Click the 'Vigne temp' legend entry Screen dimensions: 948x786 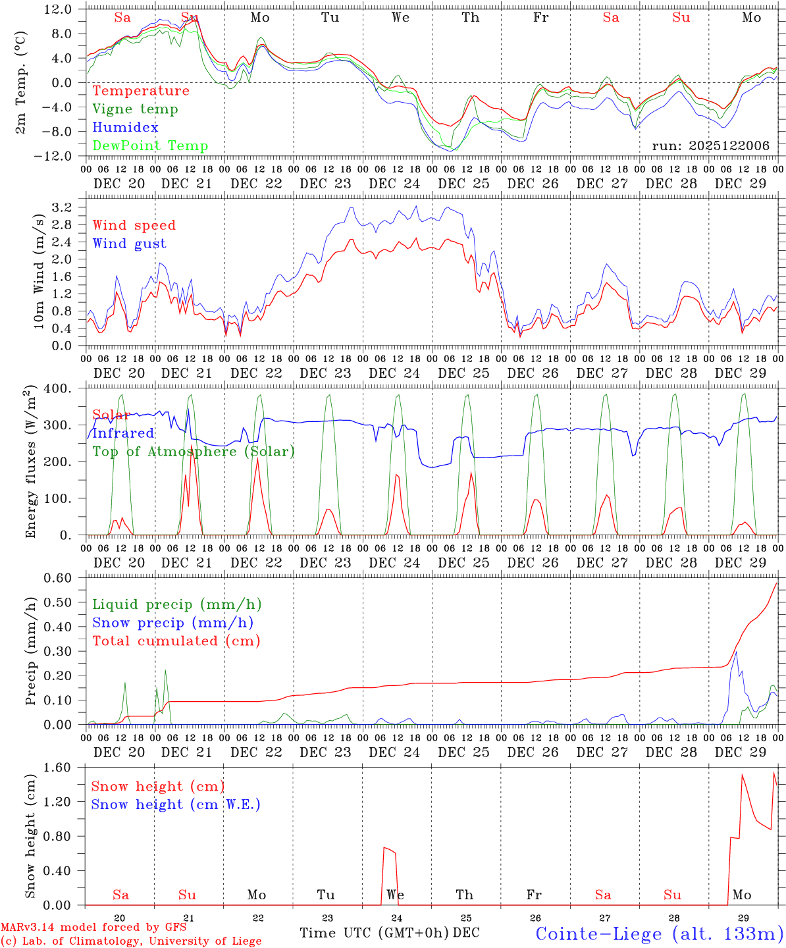[x=135, y=109]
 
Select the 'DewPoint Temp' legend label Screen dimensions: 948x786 [x=150, y=146]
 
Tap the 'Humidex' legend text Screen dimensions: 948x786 [x=125, y=128]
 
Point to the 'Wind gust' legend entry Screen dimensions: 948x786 [x=129, y=244]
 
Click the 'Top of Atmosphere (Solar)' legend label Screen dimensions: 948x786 [x=193, y=452]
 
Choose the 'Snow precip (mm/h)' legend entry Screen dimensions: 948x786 [x=172, y=623]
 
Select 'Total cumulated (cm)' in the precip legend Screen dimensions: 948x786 [x=176, y=641]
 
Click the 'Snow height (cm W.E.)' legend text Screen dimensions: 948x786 [x=175, y=804]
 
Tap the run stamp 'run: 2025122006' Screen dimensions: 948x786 [x=710, y=146]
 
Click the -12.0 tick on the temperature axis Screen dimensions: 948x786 [x=58, y=157]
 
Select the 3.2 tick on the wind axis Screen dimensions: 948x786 [x=61, y=208]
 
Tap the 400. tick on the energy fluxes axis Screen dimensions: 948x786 [x=58, y=388]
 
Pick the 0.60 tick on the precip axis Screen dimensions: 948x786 [x=59, y=578]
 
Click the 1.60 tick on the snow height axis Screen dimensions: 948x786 [x=59, y=768]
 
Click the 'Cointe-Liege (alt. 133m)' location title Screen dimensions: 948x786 [x=659, y=934]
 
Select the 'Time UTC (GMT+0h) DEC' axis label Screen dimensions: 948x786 [x=389, y=933]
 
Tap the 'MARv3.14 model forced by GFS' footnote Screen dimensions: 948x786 [x=93, y=928]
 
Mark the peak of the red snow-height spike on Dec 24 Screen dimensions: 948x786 [x=384, y=847]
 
